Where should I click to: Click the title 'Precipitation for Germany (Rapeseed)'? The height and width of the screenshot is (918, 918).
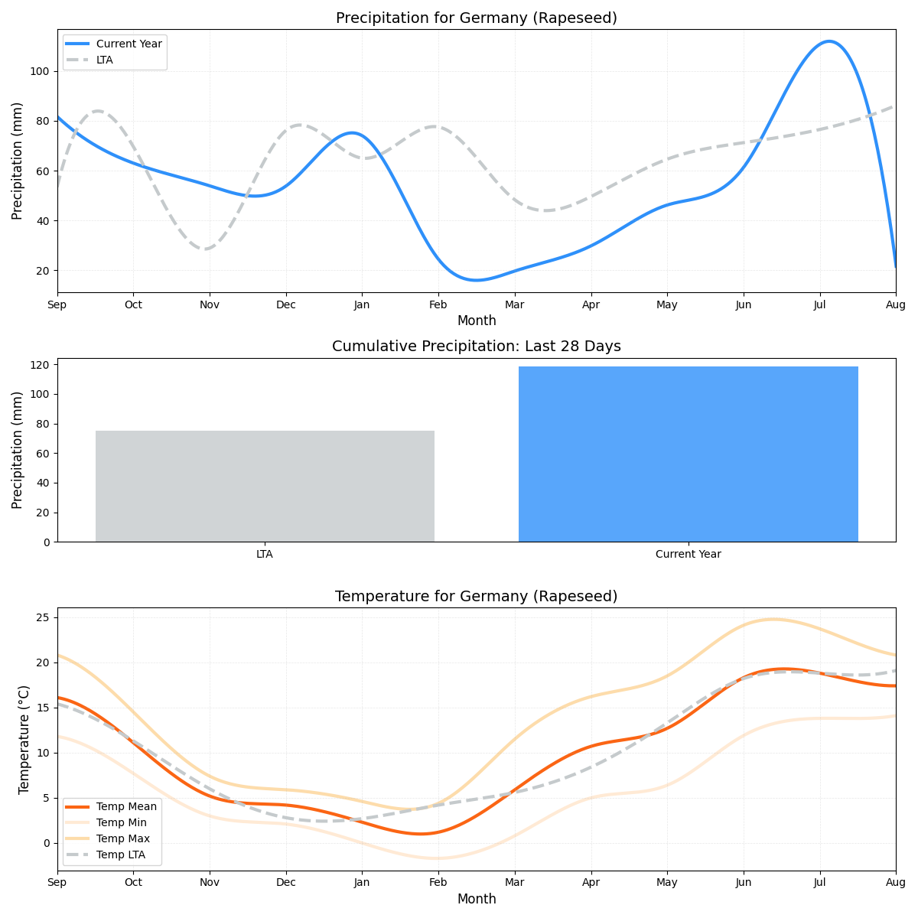point(476,18)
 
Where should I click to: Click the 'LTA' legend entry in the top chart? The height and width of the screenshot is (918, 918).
point(104,60)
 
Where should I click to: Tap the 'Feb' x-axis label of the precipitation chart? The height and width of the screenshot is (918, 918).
point(438,304)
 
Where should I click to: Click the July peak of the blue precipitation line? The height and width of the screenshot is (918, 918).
point(829,41)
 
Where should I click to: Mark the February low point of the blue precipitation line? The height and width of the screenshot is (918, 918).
point(476,280)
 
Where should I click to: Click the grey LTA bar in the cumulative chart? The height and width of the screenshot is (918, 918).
point(265,486)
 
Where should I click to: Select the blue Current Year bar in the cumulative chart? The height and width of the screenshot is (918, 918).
point(688,454)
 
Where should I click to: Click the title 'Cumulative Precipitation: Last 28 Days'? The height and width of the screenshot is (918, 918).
point(476,347)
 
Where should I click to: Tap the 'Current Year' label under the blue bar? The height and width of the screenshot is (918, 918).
point(688,554)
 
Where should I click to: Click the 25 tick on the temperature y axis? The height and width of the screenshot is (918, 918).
point(44,617)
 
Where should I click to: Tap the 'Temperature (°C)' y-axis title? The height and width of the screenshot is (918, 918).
point(24,739)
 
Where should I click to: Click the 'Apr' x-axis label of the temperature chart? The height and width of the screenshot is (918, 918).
point(590,883)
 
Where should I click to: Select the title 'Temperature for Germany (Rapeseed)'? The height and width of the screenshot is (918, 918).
point(476,597)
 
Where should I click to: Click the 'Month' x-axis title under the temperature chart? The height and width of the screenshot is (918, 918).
point(476,899)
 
